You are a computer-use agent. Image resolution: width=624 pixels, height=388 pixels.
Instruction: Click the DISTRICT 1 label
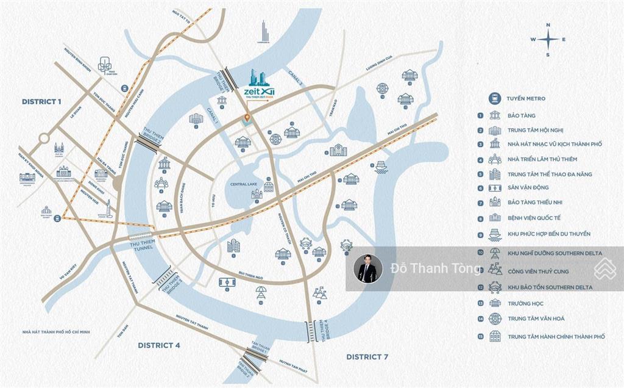(x=41, y=101)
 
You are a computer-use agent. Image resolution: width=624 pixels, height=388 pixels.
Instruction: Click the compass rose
(x=548, y=40)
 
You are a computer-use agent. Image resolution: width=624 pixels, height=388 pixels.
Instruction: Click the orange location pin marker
(x=246, y=117)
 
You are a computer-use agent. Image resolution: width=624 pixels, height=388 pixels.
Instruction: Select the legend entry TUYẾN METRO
(x=525, y=98)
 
